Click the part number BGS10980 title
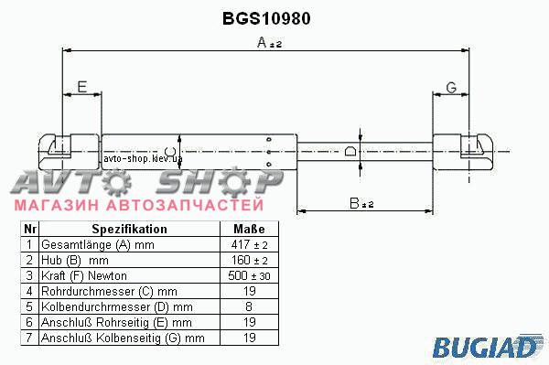pos(266,18)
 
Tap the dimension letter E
pos(82,86)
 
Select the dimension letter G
pos(452,88)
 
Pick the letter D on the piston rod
pos(350,152)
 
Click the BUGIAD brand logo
pos(486,347)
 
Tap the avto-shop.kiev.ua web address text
pos(143,158)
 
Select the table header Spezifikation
pos(130,230)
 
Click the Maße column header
pos(249,230)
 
